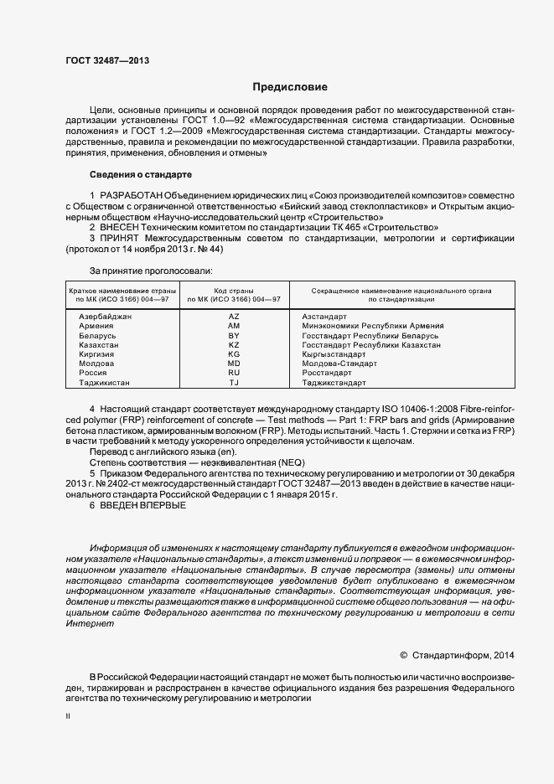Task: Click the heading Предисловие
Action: pyautogui.click(x=291, y=87)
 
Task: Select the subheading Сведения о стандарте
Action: pyautogui.click(x=140, y=174)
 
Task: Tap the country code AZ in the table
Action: pyautogui.click(x=234, y=317)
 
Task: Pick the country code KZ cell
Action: pyautogui.click(x=234, y=345)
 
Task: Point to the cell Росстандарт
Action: pyautogui.click(x=328, y=374)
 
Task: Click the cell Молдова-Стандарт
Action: pyautogui.click(x=339, y=364)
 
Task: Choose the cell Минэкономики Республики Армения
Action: pyautogui.click(x=372, y=326)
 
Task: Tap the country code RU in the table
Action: pyautogui.click(x=234, y=374)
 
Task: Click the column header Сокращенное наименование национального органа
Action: pyautogui.click(x=401, y=290)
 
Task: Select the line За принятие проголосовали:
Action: pyautogui.click(x=151, y=271)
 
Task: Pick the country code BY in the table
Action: pyautogui.click(x=234, y=336)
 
